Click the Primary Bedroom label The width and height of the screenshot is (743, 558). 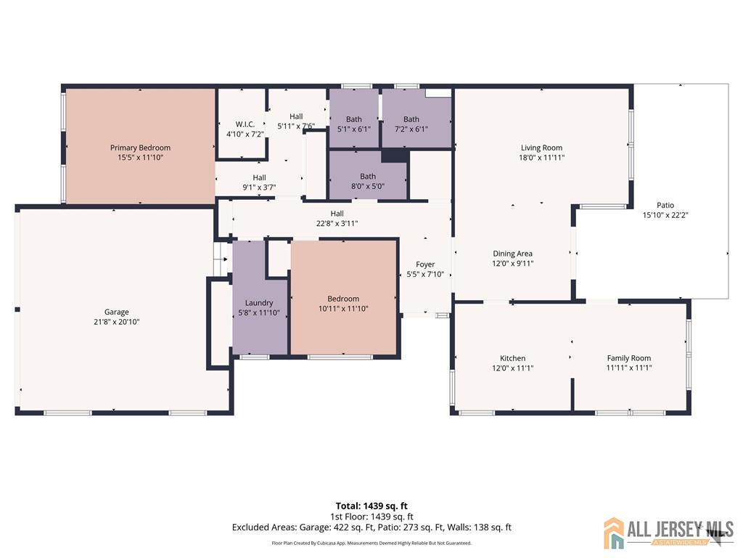point(140,147)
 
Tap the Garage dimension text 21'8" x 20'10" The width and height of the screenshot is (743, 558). point(117,322)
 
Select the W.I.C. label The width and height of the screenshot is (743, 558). point(245,124)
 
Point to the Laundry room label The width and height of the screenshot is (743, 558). point(259,303)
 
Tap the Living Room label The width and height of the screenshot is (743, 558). point(541,147)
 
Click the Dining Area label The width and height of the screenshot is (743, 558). point(513,254)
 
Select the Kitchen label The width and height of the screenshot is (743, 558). point(513,358)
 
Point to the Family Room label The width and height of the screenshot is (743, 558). point(629,358)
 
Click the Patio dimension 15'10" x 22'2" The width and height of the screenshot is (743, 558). point(665,215)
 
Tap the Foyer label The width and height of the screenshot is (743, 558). point(425,264)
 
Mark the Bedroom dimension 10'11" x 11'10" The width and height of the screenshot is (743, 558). point(343,308)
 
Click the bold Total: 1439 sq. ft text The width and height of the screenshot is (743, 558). point(371,506)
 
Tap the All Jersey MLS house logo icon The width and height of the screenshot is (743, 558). point(614,533)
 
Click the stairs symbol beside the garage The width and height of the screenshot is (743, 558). point(221,259)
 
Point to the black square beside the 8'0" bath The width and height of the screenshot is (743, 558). point(394,155)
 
